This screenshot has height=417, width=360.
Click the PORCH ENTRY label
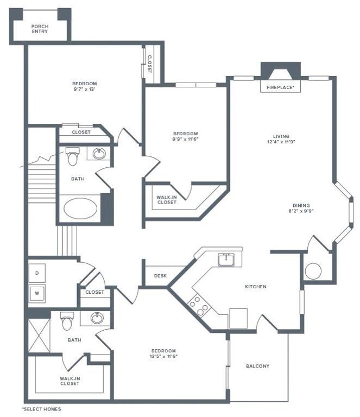coord(39,29)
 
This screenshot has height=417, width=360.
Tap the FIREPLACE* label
coord(280,87)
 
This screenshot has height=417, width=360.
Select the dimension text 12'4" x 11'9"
coord(281,142)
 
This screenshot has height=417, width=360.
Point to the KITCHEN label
coord(255,287)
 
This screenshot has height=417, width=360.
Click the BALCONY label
coord(257,366)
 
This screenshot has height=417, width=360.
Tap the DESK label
coord(160,276)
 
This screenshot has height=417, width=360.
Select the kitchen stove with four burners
coord(199,305)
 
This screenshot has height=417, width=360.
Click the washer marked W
coord(37,294)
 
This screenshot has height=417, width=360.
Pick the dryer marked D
coord(37,273)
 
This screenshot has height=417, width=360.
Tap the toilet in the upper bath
coord(72,157)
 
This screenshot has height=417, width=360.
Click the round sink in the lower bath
coord(98,318)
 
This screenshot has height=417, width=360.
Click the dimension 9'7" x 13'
coord(84,90)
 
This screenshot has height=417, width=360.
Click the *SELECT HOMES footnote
coord(41,409)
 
